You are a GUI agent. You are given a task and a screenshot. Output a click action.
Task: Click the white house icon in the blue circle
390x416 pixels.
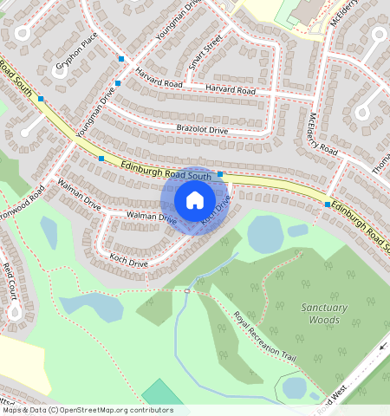[195, 200]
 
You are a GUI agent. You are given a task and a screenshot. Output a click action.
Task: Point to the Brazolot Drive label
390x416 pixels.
[201, 130]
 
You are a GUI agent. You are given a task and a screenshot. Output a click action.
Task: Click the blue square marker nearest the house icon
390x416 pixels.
[220, 174]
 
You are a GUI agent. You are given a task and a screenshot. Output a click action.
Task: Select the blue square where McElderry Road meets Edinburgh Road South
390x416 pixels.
[328, 204]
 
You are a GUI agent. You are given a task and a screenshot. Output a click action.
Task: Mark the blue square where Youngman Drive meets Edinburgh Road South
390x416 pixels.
[101, 158]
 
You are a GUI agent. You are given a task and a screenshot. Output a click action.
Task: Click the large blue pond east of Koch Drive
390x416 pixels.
[264, 233]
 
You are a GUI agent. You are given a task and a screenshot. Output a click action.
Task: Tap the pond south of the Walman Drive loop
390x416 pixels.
[91, 305]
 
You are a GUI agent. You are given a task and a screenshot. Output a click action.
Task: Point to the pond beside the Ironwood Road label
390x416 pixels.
[49, 231]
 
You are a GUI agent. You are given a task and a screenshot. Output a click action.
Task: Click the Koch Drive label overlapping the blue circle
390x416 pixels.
[217, 211]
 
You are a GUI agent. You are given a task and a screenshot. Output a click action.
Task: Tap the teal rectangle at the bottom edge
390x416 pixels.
[163, 393]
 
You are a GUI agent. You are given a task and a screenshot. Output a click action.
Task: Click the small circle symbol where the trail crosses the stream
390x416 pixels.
[186, 291]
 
